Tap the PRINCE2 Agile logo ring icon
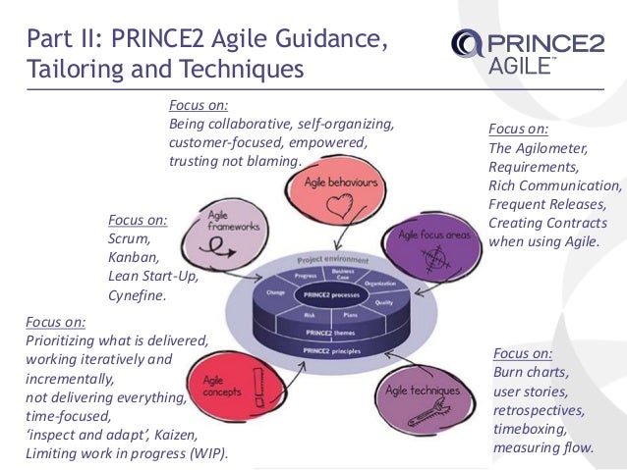pyautogui.click(x=467, y=44)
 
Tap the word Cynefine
pyautogui.click(x=138, y=294)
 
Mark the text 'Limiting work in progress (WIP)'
pyautogui.click(x=126, y=452)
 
